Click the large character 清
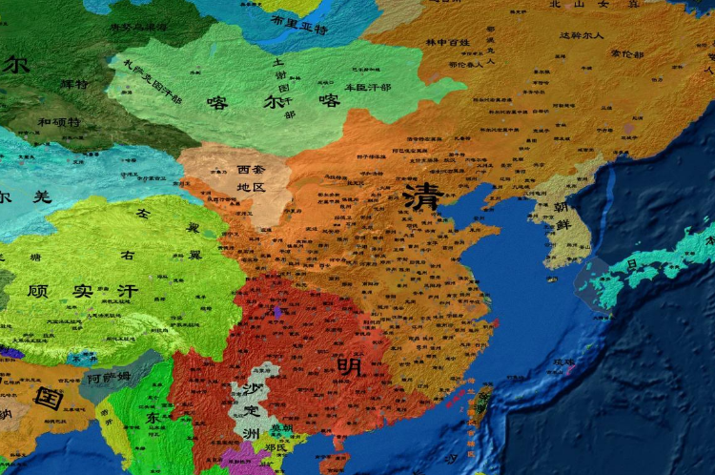[421, 196]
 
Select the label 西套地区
[251, 178]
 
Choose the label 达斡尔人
[582, 35]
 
